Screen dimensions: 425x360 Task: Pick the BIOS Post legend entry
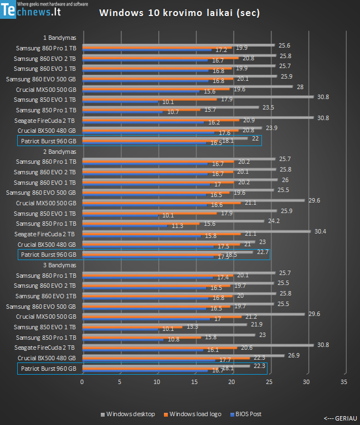point(247,414)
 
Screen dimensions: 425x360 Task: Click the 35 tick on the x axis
point(344,382)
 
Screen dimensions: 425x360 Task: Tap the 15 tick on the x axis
point(194,382)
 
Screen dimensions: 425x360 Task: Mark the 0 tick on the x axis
point(83,382)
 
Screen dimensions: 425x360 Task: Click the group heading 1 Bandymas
point(59,38)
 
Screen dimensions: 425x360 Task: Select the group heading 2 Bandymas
point(59,152)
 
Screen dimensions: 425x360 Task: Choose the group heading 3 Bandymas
point(59,265)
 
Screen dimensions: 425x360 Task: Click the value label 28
point(300,87)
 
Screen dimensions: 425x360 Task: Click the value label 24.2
point(274,221)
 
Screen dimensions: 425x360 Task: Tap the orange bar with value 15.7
point(141,110)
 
